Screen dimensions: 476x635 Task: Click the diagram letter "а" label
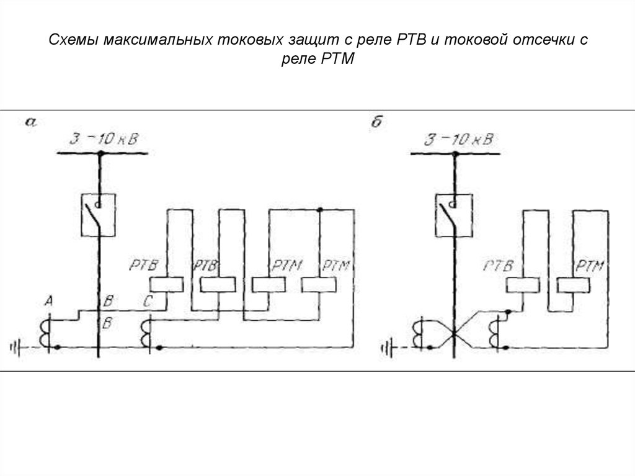point(30,122)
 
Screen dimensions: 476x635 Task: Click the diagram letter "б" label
point(376,122)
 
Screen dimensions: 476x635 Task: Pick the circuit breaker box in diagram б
point(455,213)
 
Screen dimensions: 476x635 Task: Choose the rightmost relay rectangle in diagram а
point(317,285)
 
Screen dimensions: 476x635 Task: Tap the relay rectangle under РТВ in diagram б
point(522,285)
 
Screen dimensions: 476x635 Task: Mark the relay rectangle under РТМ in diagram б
point(573,285)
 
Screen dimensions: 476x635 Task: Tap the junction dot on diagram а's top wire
point(320,211)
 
